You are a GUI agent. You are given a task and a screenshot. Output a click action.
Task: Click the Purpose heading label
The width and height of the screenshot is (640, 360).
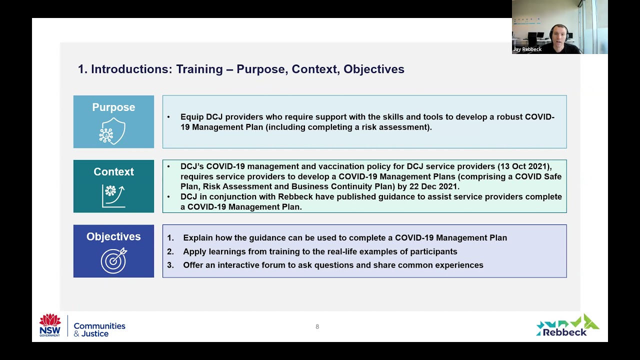tap(113, 107)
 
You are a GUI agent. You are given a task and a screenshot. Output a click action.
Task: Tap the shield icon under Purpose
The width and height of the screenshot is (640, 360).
tap(112, 131)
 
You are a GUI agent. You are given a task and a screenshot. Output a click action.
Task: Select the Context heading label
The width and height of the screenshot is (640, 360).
tap(113, 172)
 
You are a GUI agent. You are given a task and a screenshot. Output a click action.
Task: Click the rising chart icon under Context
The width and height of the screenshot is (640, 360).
tap(113, 195)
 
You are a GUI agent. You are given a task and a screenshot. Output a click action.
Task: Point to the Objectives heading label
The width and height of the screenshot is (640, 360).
tap(113, 237)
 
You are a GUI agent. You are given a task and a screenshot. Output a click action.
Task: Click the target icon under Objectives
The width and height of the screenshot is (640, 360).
tap(113, 260)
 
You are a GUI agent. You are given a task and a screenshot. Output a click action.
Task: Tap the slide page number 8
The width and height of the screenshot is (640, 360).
tap(317, 327)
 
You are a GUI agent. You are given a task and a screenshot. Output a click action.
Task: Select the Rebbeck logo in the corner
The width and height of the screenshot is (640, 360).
tap(567, 325)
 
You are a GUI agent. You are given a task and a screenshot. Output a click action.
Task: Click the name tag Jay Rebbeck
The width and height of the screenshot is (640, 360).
tap(527, 49)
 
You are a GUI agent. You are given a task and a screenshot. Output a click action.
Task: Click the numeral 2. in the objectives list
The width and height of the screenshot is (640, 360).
tap(170, 251)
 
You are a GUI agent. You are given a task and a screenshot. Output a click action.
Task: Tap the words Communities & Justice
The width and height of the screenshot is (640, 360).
tap(99, 329)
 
